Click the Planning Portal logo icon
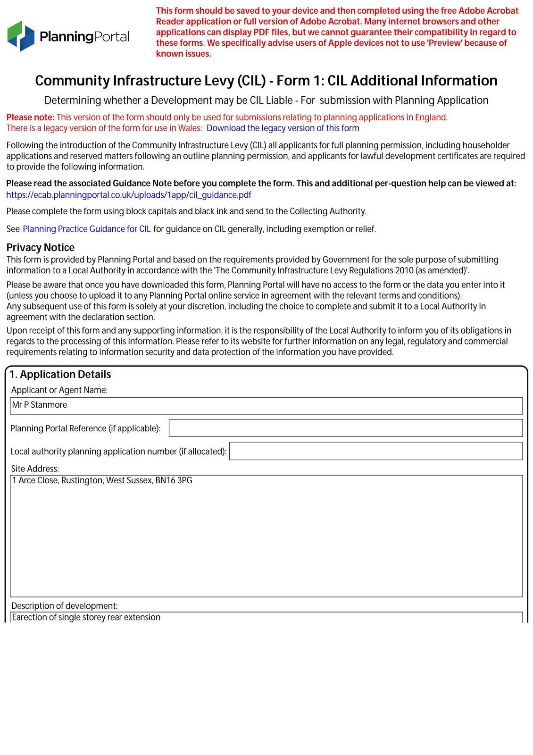[x=21, y=36]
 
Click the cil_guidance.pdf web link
[x=129, y=195]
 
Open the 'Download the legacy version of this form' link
[x=283, y=128]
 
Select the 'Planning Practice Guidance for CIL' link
[x=87, y=229]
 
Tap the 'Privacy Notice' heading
[x=41, y=248]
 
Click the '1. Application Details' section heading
[x=60, y=375]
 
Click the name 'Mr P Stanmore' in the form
[x=40, y=405]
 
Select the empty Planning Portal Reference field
[x=345, y=428]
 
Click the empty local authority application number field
[x=375, y=451]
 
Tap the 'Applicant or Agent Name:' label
[x=59, y=390]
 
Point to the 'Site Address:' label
[x=35, y=469]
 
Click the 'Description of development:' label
[x=65, y=606]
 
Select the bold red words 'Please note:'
[x=31, y=117]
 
